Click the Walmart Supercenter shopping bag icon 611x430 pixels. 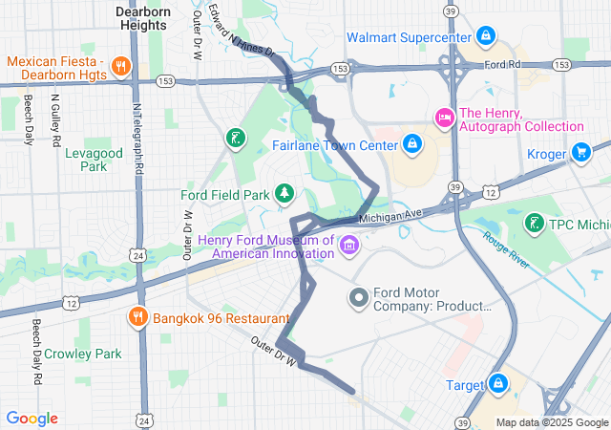coord(486,37)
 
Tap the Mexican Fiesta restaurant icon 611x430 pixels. coord(121,66)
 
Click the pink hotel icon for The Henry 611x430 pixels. coord(443,118)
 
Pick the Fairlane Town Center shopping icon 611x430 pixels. coord(412,144)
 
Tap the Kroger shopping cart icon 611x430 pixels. coord(580,153)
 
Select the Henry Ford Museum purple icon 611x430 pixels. coord(349,247)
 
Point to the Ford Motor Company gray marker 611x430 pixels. coord(359,299)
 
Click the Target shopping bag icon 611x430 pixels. coord(498,385)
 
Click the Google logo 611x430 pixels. coord(32,419)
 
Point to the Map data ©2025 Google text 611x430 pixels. coord(551,422)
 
